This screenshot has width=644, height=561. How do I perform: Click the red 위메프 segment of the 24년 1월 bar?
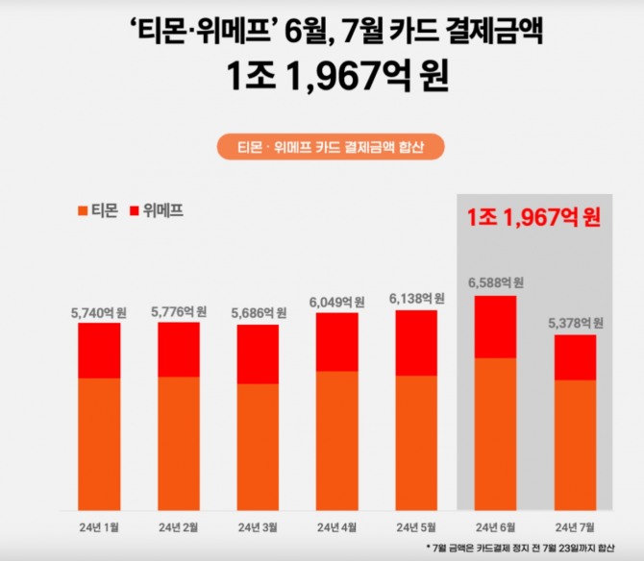pyautogui.click(x=99, y=351)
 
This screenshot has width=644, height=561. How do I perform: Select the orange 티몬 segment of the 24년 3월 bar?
pyautogui.click(x=258, y=447)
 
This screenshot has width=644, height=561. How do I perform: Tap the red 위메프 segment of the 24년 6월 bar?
pyautogui.click(x=495, y=327)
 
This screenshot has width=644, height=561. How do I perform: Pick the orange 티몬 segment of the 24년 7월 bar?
pyautogui.click(x=575, y=445)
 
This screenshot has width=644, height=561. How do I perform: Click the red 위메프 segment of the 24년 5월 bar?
pyautogui.click(x=415, y=343)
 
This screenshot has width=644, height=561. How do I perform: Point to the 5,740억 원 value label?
pyautogui.click(x=99, y=312)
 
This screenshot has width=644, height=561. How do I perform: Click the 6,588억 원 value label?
pyautogui.click(x=495, y=283)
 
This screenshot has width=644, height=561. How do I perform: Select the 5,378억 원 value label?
pyautogui.click(x=575, y=323)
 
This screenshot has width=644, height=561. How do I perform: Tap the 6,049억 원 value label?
pyautogui.click(x=336, y=302)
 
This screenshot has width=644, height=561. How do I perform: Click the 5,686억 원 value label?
pyautogui.click(x=258, y=313)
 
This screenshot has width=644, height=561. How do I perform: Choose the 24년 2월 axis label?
pyautogui.click(x=179, y=527)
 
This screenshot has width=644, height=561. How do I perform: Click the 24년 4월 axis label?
pyautogui.click(x=336, y=527)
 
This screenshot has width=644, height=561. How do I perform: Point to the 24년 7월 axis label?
pyautogui.click(x=575, y=527)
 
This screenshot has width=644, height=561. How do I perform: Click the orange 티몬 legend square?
pyautogui.click(x=82, y=210)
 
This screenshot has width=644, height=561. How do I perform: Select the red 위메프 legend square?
pyautogui.click(x=134, y=210)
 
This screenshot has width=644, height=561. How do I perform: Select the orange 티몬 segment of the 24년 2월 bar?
pyautogui.click(x=179, y=444)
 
